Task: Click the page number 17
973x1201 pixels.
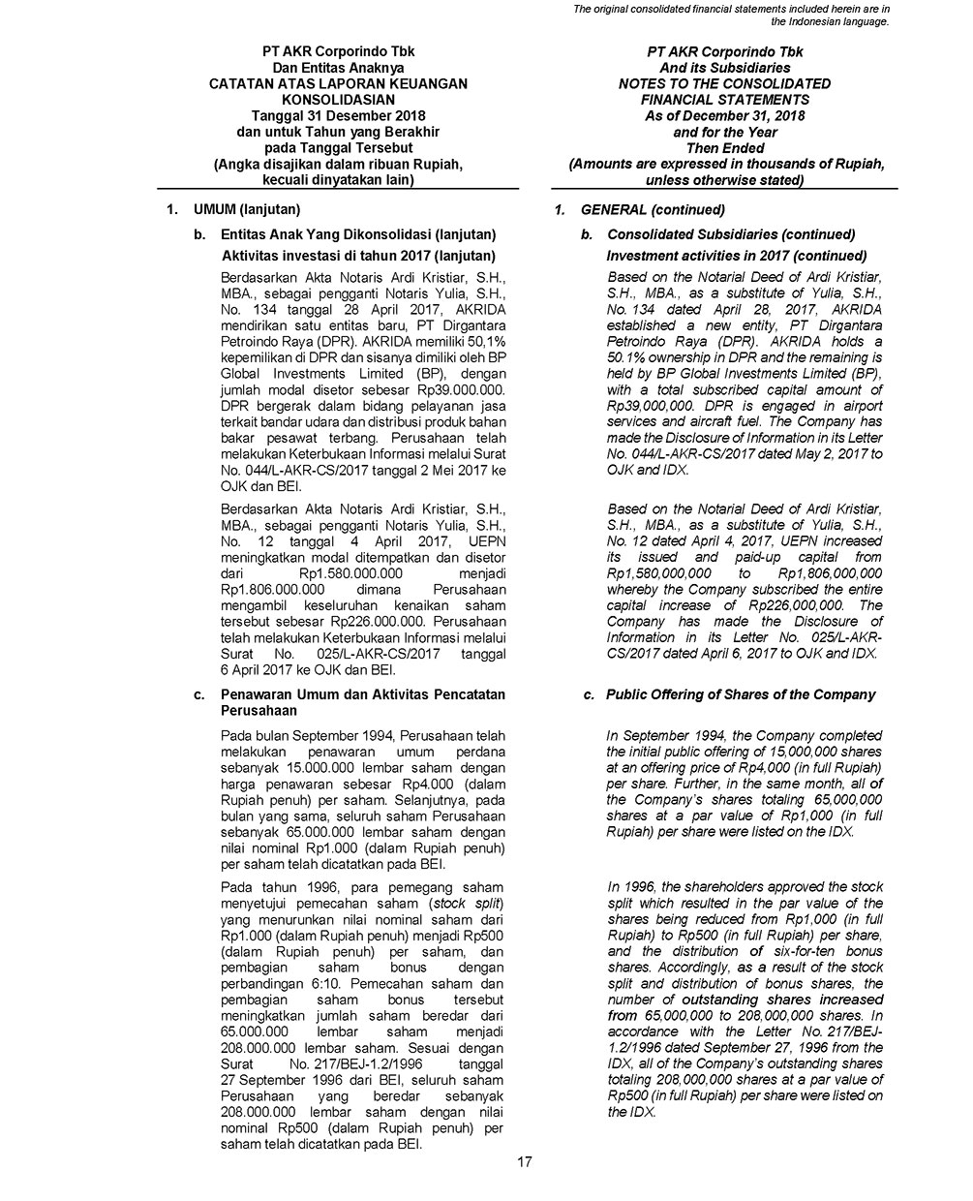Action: tap(524, 1162)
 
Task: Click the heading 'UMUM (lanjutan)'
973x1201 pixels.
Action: tap(247, 209)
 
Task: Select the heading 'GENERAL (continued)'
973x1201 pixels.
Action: tap(653, 210)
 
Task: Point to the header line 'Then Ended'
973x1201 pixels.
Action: tap(725, 148)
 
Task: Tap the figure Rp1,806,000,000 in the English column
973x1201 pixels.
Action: tap(831, 573)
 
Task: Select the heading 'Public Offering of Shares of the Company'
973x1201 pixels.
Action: tap(741, 694)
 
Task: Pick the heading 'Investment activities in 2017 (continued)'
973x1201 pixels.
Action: tap(736, 256)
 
